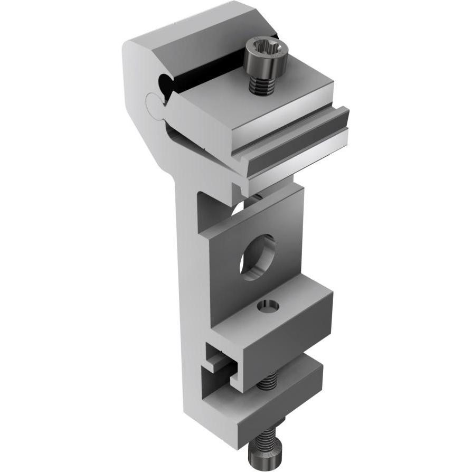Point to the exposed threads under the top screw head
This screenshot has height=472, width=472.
(262, 84)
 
